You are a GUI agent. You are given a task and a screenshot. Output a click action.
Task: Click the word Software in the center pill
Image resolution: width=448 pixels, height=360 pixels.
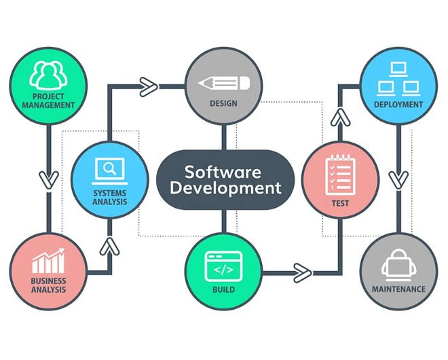224,170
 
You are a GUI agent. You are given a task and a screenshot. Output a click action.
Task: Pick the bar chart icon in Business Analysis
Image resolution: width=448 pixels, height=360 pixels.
48,262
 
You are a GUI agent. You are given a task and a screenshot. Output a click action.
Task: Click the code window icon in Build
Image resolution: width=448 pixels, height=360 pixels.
224,266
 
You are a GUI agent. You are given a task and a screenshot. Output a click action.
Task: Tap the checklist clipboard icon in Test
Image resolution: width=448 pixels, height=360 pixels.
340,173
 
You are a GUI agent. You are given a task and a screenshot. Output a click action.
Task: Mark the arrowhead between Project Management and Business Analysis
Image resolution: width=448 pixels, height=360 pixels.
48,179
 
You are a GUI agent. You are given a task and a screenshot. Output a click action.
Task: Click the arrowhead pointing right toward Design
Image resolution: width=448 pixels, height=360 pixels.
148,86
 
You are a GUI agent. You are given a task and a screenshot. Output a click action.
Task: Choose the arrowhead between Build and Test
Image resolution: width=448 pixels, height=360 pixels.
302,273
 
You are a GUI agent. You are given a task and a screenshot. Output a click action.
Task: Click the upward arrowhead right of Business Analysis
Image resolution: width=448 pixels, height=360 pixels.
109,246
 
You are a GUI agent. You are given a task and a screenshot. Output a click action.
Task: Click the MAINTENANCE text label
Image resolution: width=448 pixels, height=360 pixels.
398,289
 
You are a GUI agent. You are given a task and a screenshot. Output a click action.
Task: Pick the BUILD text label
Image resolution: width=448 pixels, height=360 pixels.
224,289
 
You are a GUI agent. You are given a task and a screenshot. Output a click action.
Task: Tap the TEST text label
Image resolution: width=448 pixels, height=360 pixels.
340,202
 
